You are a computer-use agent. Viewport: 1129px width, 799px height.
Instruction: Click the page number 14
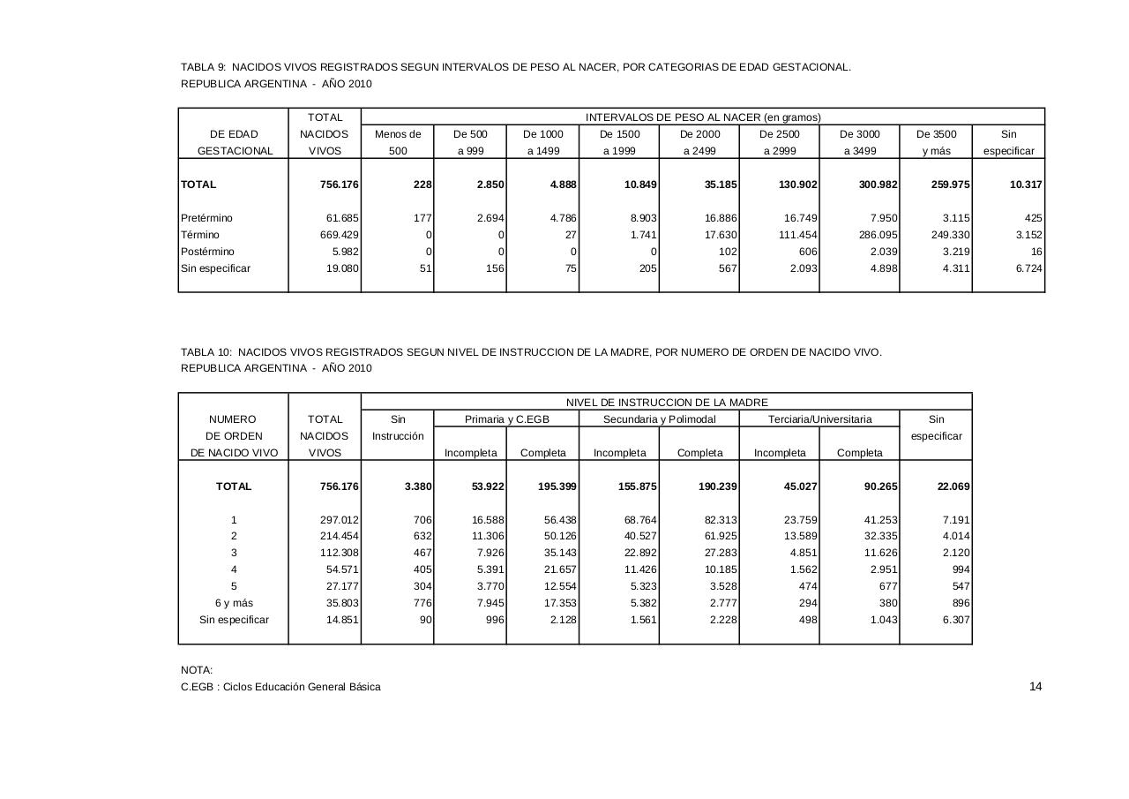[1036, 687]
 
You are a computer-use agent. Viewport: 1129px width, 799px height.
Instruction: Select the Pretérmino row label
[207, 218]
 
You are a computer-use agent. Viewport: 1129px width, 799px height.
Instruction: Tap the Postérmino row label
[208, 252]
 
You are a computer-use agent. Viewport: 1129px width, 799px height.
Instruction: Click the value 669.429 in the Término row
[340, 235]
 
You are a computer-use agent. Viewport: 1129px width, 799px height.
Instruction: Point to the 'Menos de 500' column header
[398, 142]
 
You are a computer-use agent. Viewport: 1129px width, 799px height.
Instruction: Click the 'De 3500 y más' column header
[936, 142]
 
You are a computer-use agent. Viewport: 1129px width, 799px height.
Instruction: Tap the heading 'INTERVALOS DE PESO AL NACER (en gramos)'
[703, 117]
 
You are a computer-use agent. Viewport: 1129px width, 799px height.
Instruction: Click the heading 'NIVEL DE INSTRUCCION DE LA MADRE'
[667, 403]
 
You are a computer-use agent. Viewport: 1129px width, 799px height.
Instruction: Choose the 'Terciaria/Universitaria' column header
[819, 419]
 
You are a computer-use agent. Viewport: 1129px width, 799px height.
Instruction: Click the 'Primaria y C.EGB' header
[507, 419]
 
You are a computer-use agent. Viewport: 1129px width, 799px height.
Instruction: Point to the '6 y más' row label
[234, 603]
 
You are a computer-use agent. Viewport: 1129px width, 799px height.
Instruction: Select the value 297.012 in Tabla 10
[339, 520]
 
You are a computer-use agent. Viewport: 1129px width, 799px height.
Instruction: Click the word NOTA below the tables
[197, 670]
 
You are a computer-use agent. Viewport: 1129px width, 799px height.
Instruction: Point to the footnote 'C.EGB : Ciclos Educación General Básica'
[280, 687]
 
